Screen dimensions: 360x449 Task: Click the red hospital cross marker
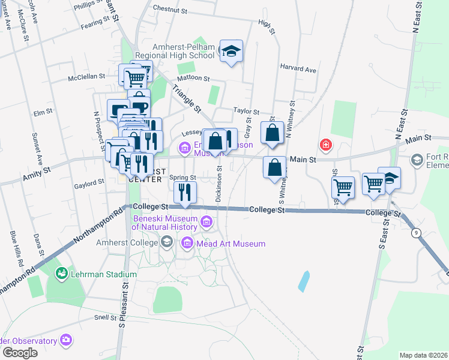coord(326,145)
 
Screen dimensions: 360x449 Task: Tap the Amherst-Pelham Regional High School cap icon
coord(231,52)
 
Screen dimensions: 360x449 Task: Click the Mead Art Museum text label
coord(231,244)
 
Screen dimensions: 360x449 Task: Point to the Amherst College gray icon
coord(166,242)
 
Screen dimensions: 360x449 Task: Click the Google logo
coord(20,353)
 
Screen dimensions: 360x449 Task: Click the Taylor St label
coord(246,112)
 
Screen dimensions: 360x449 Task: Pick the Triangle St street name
coord(187,98)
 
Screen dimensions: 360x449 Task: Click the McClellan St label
coord(86,77)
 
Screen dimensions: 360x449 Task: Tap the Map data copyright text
coord(423,355)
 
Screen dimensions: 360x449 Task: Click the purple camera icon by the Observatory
coord(66,340)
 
